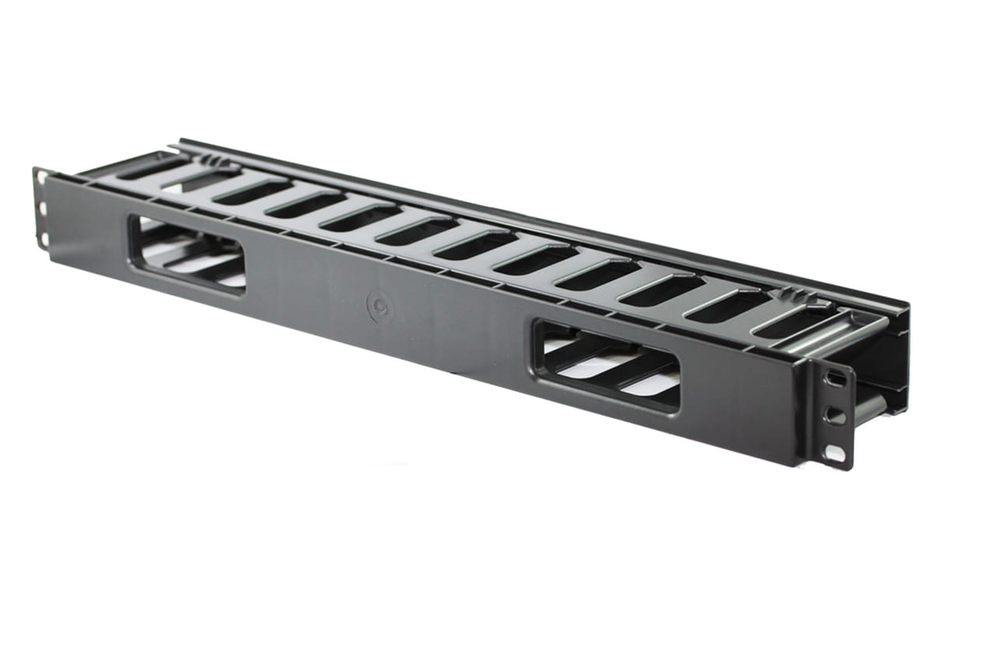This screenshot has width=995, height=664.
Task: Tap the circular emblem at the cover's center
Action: [x=379, y=307]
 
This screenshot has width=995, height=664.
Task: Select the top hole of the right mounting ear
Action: [x=836, y=379]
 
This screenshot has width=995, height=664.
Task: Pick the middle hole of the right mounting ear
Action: [x=836, y=415]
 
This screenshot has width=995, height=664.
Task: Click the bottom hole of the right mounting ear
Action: [x=835, y=452]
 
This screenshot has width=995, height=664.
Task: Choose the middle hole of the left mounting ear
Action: [x=42, y=208]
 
